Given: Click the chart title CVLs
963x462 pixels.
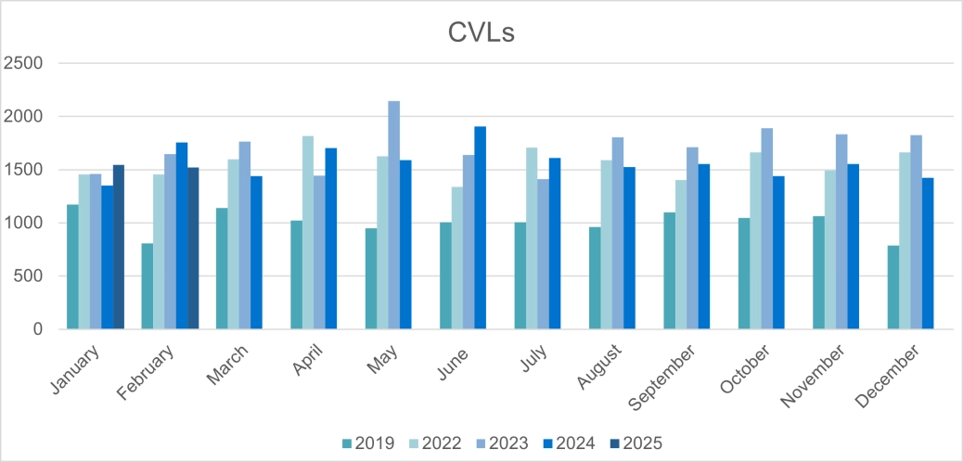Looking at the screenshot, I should (x=481, y=33).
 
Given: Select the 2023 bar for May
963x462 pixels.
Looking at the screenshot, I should (x=394, y=215).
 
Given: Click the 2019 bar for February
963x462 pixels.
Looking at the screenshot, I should (x=148, y=286).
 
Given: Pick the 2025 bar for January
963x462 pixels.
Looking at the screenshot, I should (x=119, y=247).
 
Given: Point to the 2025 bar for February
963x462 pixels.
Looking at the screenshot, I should (x=193, y=248).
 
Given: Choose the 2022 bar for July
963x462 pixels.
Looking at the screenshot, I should (x=532, y=238).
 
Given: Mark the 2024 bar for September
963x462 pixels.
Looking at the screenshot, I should (x=704, y=246).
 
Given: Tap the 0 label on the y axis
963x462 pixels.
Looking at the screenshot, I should (x=39, y=329).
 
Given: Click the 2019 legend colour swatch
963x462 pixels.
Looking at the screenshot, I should (x=347, y=443).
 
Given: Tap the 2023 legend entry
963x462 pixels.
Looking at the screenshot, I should (x=498, y=443).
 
